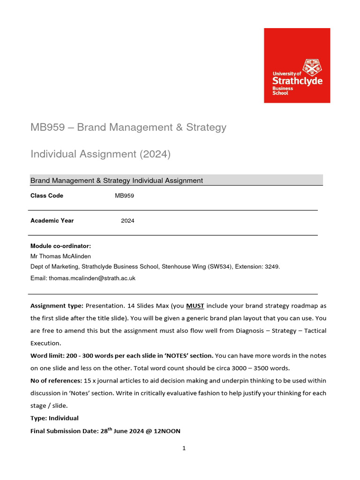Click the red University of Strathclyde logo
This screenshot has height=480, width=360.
tap(297, 65)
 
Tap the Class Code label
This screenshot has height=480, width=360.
tap(47, 195)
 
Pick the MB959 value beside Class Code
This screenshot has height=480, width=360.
tap(124, 195)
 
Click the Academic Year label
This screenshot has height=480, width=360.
tap(52, 220)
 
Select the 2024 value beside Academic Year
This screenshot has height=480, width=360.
tap(127, 221)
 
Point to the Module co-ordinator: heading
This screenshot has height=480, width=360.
tap(60, 246)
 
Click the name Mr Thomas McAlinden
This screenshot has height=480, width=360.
tap(60, 256)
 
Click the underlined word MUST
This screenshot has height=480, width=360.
tap(195, 306)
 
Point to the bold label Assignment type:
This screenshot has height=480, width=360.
tap(57, 306)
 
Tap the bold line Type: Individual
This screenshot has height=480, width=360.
tap(54, 418)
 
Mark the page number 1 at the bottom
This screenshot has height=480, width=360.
tap(184, 448)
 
